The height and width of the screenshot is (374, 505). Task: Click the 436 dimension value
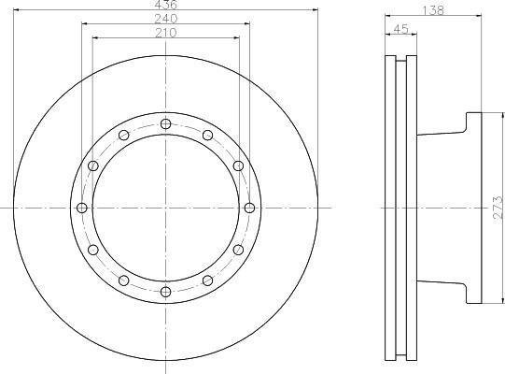click(166, 5)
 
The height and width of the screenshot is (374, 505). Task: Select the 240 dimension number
click(166, 19)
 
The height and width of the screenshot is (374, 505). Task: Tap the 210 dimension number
click(166, 33)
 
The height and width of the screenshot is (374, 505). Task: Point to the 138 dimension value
click(433, 10)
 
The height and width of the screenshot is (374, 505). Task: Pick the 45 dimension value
click(401, 29)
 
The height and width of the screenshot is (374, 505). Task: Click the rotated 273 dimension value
click(498, 209)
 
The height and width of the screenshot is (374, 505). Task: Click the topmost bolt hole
click(165, 124)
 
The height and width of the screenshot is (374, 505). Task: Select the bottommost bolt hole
click(165, 292)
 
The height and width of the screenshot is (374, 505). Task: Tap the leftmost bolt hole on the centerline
click(82, 208)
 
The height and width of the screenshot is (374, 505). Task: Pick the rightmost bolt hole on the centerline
click(249, 208)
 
